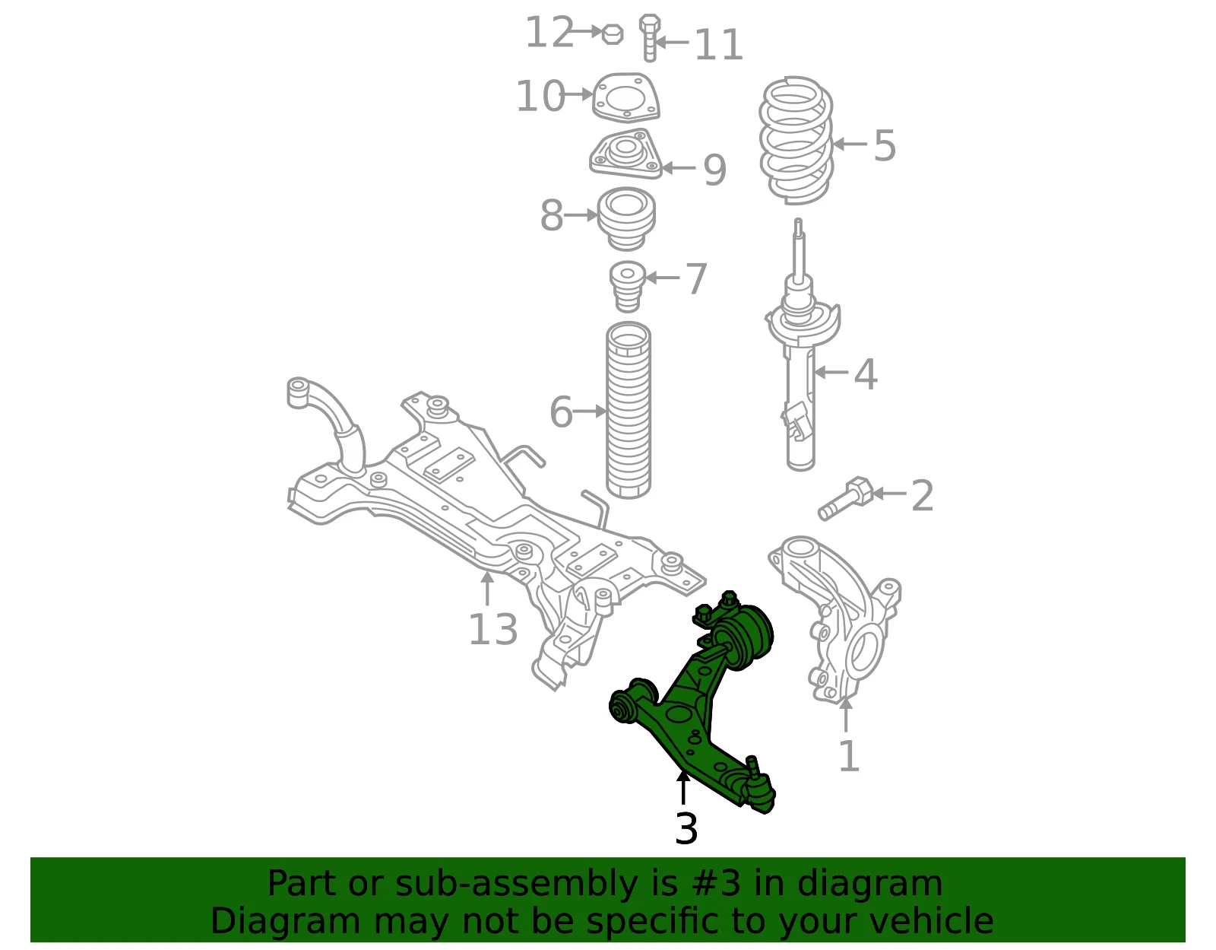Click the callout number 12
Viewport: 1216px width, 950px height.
point(549,33)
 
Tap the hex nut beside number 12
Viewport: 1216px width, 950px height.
point(613,34)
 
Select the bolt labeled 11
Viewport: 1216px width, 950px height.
point(650,38)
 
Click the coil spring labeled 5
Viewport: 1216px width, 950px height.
point(796,140)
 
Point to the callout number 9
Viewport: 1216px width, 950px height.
point(714,169)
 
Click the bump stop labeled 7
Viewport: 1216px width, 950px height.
point(627,287)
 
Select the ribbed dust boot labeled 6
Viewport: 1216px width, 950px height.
point(629,410)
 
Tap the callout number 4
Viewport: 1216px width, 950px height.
point(866,374)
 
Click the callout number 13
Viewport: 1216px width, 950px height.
point(492,629)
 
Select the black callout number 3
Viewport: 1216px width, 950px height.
point(686,828)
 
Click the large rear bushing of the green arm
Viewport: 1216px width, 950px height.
point(744,637)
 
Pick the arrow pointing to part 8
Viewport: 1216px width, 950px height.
point(581,215)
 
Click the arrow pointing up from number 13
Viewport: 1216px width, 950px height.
point(487,589)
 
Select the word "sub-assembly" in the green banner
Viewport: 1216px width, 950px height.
point(517,885)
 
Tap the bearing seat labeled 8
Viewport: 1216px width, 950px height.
point(626,219)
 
